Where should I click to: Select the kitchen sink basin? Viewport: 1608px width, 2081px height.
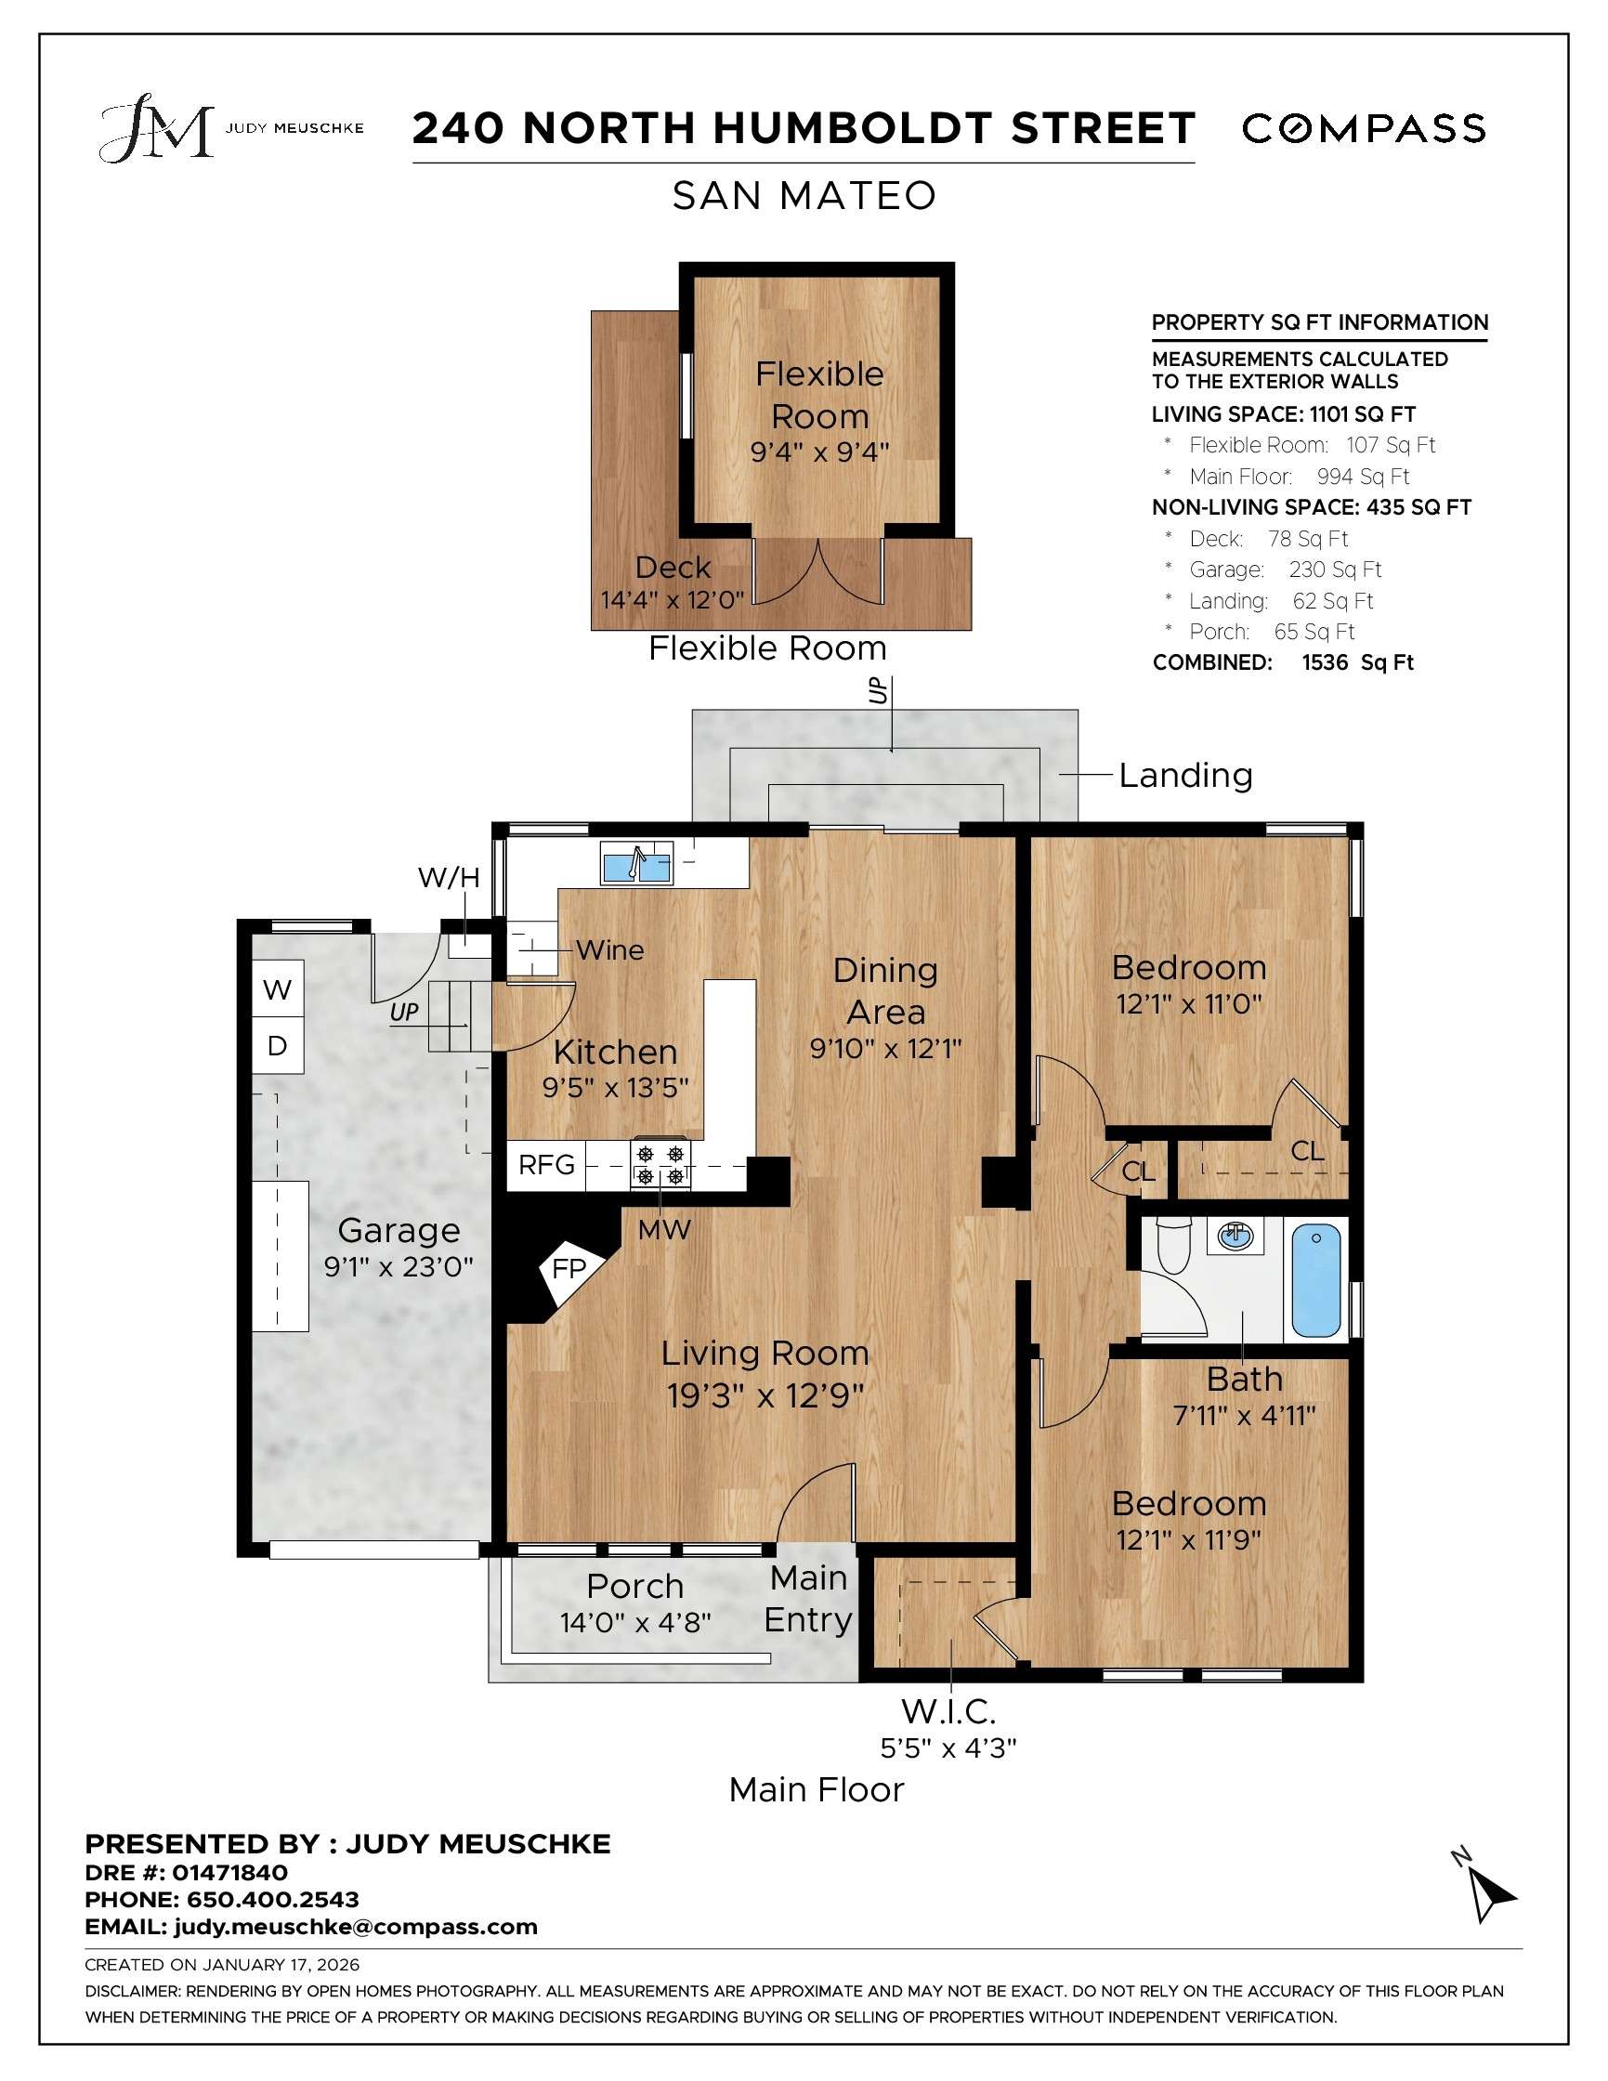coord(636,866)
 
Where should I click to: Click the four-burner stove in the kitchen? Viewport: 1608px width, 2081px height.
coord(660,1164)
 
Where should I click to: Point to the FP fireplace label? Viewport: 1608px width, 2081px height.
coord(569,1268)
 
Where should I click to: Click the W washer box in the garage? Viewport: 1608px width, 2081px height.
coord(277,990)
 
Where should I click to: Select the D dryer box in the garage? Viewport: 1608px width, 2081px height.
coord(277,1046)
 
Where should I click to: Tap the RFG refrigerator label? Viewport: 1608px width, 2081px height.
coord(547,1164)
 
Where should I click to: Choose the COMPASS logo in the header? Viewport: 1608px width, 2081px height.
coord(1363,128)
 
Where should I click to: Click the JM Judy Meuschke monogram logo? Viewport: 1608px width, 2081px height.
coord(157,127)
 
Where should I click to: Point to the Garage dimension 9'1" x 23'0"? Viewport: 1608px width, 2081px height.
coord(399,1266)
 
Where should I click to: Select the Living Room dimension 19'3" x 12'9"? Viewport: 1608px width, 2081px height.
coord(765,1396)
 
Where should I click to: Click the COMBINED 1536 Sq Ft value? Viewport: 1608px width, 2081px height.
coord(1357,662)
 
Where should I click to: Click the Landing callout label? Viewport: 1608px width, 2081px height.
coord(1185,775)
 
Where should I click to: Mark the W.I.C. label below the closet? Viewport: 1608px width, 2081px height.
coord(948,1712)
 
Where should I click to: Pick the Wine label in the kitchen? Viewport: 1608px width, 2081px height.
coord(609,950)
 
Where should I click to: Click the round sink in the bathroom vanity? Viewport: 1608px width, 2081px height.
coord(1235,1237)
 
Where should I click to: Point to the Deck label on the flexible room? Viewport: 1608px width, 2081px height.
coord(673,567)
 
